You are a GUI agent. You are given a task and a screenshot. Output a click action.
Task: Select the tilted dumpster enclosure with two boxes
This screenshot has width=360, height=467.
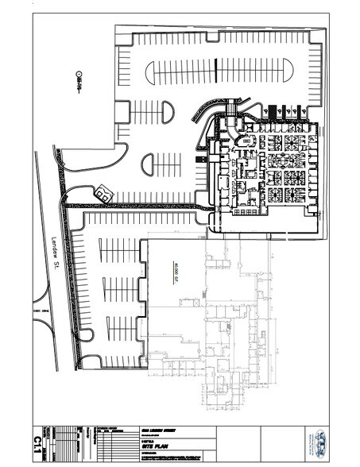coord(103,192)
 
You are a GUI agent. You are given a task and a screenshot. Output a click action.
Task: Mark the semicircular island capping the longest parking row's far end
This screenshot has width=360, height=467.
coord(151,73)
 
